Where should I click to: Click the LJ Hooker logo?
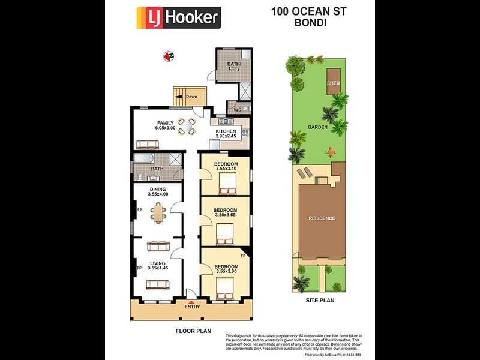[x=178, y=17]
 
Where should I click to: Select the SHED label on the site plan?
[x=333, y=83]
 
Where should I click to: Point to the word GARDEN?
[x=317, y=127]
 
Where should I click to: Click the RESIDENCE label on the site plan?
[x=322, y=218]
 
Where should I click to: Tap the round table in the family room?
[x=188, y=127]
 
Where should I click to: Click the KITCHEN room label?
[x=226, y=131]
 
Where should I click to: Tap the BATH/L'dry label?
[x=233, y=67]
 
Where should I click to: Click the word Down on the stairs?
[x=191, y=97]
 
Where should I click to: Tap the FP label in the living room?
[x=139, y=268]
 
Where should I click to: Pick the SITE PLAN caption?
[x=319, y=300]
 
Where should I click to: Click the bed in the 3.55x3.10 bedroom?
[x=227, y=189]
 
